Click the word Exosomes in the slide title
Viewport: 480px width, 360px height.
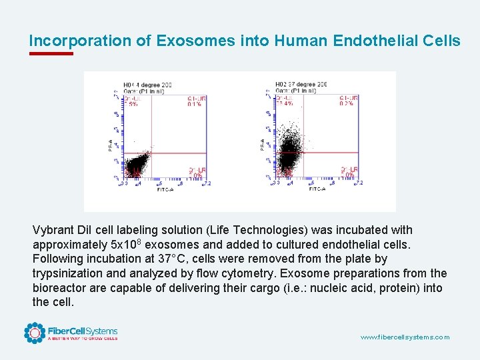click(x=195, y=41)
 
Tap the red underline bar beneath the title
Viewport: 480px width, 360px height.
click(x=51, y=54)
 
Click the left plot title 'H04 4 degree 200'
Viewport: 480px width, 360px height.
click(x=147, y=85)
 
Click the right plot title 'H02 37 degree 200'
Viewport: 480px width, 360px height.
click(x=301, y=85)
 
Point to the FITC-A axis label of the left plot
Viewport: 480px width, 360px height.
click(x=166, y=189)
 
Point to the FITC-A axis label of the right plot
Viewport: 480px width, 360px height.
click(x=317, y=189)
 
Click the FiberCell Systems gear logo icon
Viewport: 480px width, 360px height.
click(x=35, y=333)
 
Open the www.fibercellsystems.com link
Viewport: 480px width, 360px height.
click(x=405, y=337)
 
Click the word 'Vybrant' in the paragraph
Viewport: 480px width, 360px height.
click(x=56, y=230)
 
